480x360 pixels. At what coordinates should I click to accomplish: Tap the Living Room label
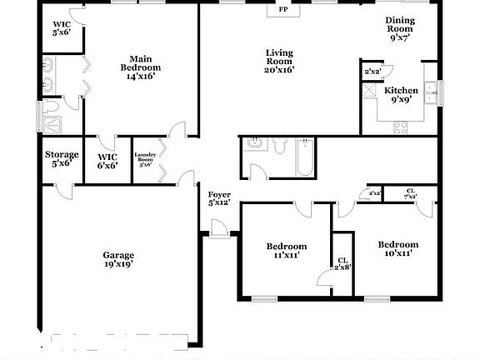coord(279,62)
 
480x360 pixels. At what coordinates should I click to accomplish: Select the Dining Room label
coord(401,30)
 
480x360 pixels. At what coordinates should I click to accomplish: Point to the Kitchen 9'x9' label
coord(400,93)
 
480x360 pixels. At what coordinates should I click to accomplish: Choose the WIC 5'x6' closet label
coord(62,27)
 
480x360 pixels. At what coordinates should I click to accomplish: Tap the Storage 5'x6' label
coord(62,158)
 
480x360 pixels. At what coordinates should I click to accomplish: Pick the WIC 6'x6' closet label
coord(107,160)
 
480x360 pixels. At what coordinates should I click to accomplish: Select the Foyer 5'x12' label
coord(219,198)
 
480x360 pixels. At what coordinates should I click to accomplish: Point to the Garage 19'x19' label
coord(118,259)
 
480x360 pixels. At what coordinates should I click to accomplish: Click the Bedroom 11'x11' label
coord(287,250)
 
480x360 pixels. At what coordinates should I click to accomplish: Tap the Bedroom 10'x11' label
coord(397,248)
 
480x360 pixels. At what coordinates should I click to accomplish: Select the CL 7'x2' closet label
coord(410,193)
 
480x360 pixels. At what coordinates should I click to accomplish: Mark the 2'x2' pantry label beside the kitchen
coord(371,72)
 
